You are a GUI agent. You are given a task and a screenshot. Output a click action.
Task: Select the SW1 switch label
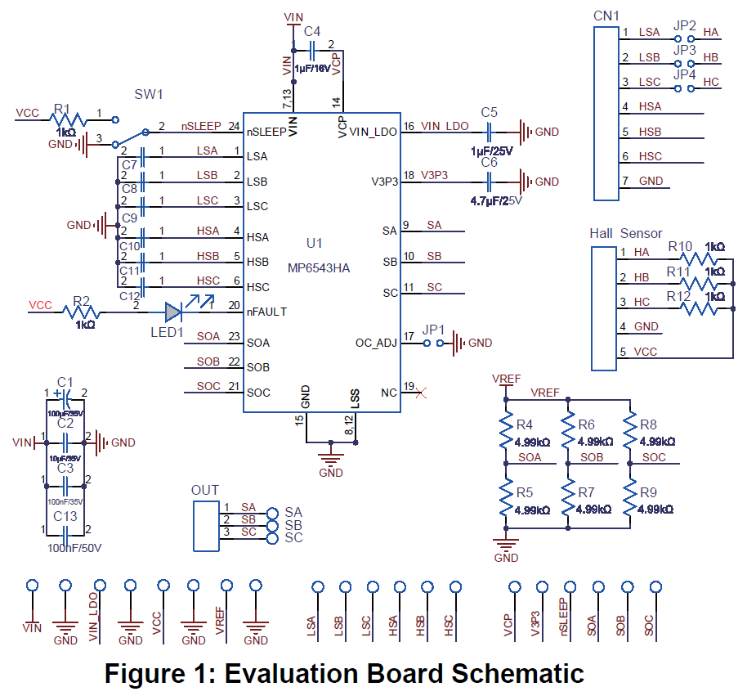coord(149,95)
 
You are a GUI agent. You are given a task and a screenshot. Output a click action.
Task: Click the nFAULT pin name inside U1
coord(266,311)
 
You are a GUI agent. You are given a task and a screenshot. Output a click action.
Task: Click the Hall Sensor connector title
coord(625,234)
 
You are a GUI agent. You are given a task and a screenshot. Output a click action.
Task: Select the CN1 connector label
coord(606,15)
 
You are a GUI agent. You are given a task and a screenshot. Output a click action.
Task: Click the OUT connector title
coord(204,491)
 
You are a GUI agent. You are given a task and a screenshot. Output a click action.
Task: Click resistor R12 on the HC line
coord(701,308)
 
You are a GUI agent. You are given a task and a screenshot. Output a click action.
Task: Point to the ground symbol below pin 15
coord(330,459)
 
